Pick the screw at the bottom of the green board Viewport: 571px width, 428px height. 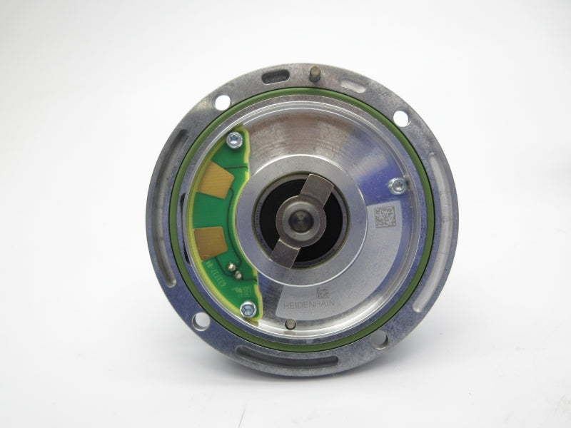click(x=248, y=309)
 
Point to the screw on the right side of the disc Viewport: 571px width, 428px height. click(x=397, y=185)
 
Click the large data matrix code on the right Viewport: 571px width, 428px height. click(x=385, y=215)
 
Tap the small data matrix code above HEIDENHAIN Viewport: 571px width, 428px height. click(x=323, y=292)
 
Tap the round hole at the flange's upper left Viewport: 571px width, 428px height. click(x=223, y=102)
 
